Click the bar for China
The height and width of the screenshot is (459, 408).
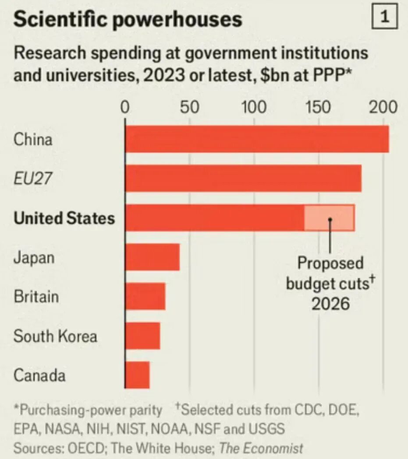pos(257,139)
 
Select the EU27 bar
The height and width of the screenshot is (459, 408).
pos(243,178)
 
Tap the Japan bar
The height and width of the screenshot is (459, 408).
pos(153,257)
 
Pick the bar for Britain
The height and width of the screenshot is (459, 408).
pos(145,296)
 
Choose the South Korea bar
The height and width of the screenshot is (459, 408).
pos(143,336)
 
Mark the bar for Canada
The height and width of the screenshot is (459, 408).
pos(138,375)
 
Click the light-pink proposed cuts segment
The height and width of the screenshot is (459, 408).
pos(329,217)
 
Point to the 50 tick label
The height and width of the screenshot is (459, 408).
pos(189,108)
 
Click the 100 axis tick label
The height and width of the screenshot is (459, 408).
pos(254,108)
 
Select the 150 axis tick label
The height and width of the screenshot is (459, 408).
pos(319,108)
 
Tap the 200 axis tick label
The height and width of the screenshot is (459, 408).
pos(383,108)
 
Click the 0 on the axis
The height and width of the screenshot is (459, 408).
pos(125,108)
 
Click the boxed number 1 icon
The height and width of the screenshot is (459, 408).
pos(384,18)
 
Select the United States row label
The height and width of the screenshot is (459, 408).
pos(64,218)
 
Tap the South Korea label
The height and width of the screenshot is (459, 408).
pos(55,336)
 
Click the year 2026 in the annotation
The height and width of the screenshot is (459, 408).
pos(331,303)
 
